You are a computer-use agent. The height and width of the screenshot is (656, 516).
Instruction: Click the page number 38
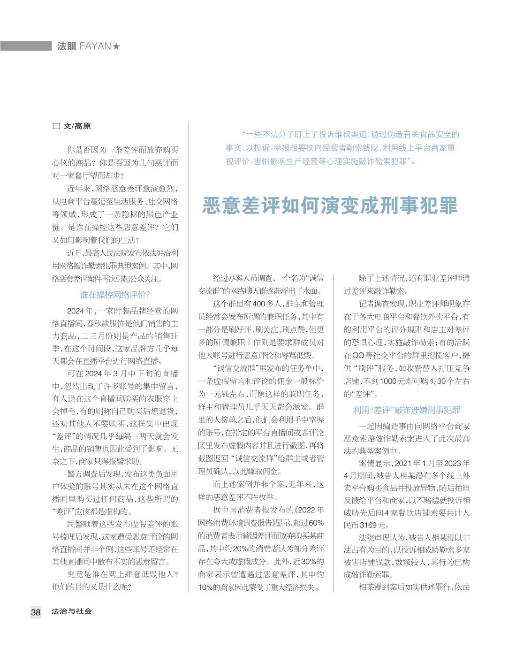click(36, 612)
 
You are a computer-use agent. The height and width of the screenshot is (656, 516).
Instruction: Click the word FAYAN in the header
click(95, 46)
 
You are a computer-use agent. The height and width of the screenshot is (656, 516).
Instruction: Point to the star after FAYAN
click(116, 46)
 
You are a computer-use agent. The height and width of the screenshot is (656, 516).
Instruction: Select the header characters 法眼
click(67, 46)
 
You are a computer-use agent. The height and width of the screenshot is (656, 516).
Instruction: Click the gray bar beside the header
click(26, 46)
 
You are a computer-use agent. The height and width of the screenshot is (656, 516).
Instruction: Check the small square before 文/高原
click(56, 126)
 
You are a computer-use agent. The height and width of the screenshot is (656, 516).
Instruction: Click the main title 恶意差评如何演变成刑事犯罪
click(330, 206)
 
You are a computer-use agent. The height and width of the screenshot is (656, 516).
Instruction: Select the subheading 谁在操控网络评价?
click(115, 295)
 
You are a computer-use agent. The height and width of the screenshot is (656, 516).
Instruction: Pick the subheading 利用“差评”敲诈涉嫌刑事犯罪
click(407, 410)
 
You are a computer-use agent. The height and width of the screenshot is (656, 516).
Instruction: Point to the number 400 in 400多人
click(259, 304)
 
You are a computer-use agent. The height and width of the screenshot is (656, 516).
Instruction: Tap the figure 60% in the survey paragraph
click(315, 523)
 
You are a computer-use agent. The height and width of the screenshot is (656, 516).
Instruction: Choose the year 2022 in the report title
click(307, 510)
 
